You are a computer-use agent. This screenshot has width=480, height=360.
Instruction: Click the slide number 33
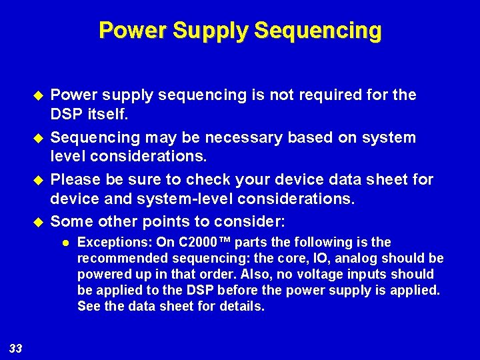click(16, 348)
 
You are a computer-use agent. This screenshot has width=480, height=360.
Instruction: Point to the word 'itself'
click(106, 115)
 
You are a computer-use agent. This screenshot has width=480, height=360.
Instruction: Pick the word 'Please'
click(75, 179)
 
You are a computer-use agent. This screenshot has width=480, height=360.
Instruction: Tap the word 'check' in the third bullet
click(212, 179)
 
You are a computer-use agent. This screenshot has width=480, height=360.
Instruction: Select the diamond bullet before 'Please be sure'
click(37, 180)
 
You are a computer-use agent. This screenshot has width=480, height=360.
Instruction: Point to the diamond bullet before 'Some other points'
click(37, 221)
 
